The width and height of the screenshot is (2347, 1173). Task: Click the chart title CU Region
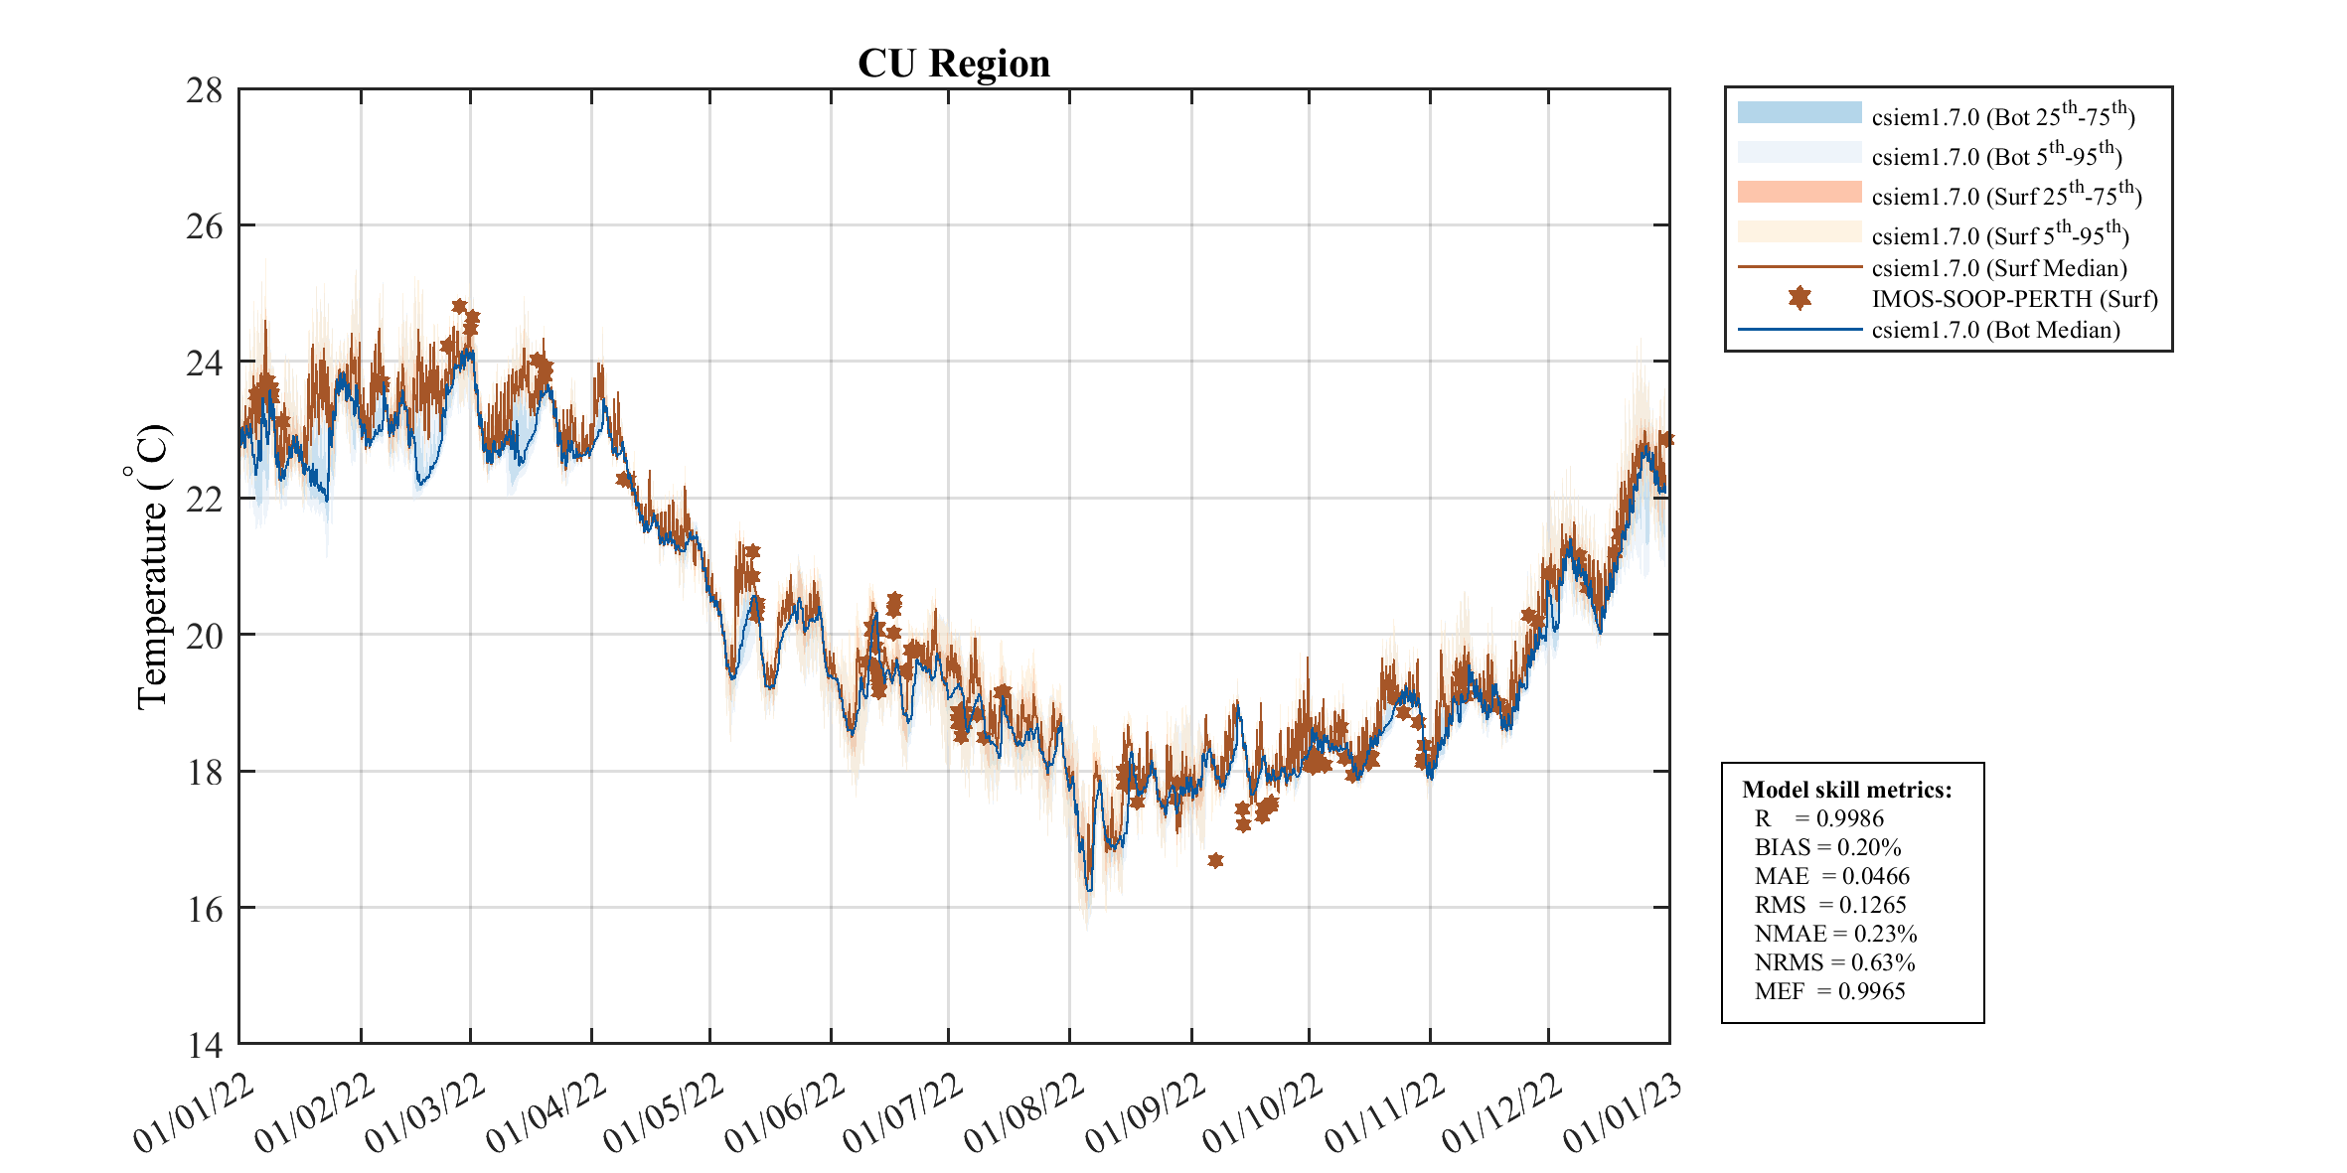pos(953,64)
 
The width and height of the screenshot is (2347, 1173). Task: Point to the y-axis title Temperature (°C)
pos(152,567)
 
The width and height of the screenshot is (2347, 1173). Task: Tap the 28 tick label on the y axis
pos(204,90)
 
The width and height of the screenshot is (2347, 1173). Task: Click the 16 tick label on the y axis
pos(204,909)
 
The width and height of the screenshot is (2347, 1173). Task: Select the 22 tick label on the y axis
pos(204,500)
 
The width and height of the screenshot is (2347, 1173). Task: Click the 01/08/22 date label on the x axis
pos(1023,1113)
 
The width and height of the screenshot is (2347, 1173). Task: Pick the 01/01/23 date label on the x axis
pos(1623,1113)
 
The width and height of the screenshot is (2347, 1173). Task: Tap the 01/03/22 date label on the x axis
pos(424,1113)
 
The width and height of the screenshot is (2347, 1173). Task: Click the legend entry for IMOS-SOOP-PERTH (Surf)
pos(2014,299)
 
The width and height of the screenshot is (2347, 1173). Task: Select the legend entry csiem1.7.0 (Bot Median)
pos(1995,330)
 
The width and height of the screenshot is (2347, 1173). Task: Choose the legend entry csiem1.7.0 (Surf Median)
pos(1998,268)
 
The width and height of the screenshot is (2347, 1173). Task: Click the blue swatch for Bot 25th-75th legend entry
pos(1799,112)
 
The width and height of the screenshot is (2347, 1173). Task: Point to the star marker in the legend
pos(1799,298)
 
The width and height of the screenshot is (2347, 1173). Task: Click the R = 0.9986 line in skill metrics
pos(1818,818)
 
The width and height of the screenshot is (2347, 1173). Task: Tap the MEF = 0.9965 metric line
pos(1829,991)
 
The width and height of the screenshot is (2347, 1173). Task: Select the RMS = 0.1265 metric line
pos(1830,905)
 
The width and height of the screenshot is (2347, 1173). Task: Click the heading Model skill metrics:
pos(1846,790)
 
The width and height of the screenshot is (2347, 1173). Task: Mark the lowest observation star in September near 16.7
pos(1215,860)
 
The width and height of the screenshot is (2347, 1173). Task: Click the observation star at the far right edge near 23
pos(1666,439)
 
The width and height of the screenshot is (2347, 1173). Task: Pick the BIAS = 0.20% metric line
pos(1827,847)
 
